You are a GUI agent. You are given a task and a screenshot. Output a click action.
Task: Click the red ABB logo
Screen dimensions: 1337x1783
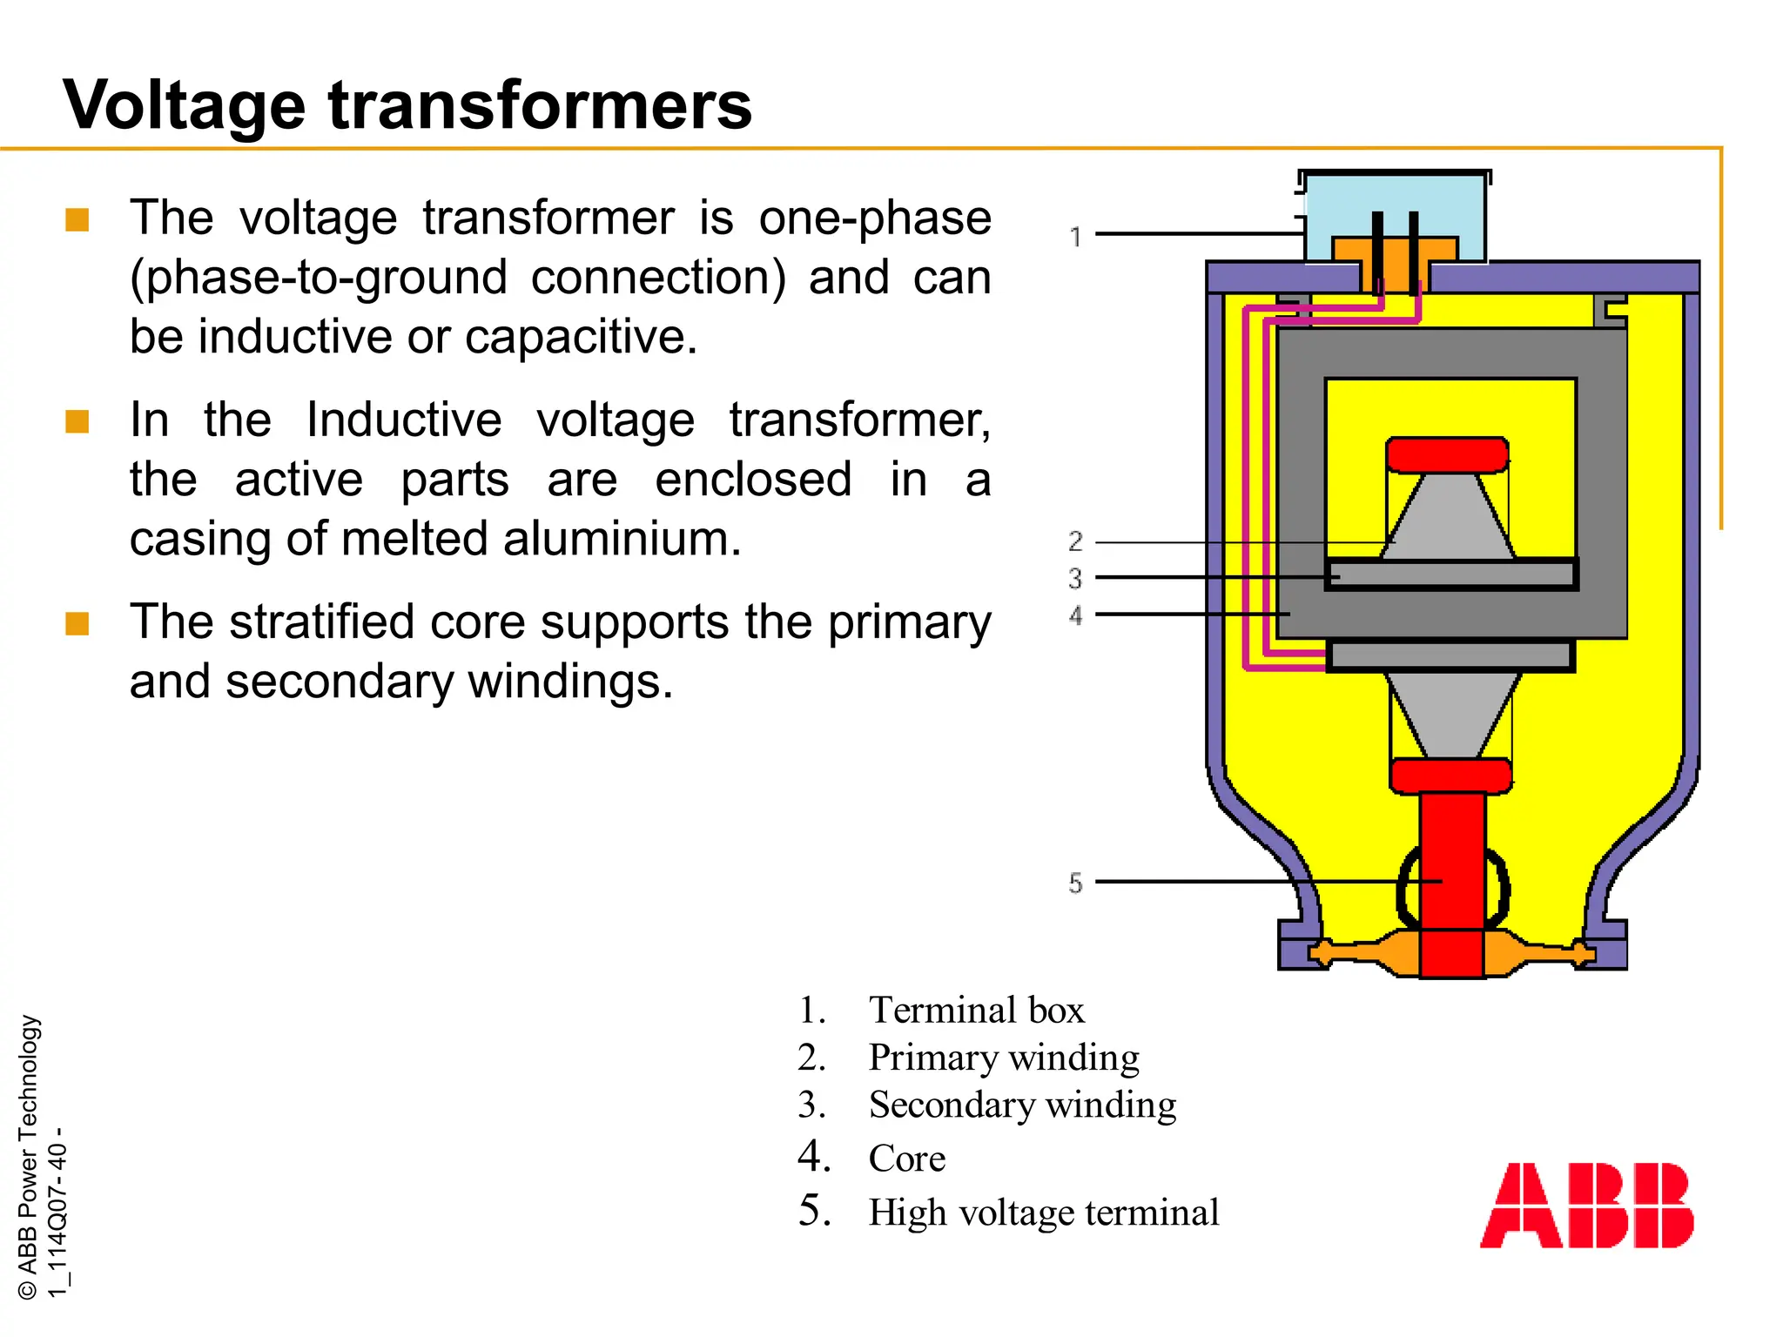click(x=1586, y=1205)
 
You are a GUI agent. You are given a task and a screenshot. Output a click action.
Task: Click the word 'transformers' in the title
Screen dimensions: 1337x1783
click(x=540, y=106)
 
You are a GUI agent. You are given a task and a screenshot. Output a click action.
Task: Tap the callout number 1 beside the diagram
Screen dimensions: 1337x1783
click(x=1076, y=237)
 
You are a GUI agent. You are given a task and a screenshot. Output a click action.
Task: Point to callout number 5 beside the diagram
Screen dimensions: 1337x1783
click(x=1076, y=883)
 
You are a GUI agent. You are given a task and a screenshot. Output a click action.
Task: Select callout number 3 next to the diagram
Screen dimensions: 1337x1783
click(x=1076, y=578)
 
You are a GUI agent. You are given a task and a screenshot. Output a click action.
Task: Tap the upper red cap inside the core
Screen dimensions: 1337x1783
click(x=1447, y=454)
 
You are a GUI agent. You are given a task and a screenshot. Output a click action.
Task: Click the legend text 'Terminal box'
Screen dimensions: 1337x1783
click(x=976, y=1011)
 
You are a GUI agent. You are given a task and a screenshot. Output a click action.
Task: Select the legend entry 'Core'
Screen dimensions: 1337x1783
click(x=906, y=1159)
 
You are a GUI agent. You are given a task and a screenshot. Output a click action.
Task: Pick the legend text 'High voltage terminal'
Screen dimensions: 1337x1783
click(x=1043, y=1213)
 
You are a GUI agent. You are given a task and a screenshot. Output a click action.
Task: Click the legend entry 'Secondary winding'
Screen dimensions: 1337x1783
click(x=1022, y=1105)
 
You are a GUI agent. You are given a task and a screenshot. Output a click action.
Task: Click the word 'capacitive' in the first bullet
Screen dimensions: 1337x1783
click(x=581, y=337)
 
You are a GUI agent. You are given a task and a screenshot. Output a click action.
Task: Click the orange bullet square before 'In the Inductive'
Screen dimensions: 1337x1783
click(x=77, y=421)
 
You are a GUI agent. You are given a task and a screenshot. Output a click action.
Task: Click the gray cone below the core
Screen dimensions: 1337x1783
click(x=1450, y=714)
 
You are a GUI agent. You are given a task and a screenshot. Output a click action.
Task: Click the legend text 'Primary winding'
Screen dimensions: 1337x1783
click(x=1003, y=1058)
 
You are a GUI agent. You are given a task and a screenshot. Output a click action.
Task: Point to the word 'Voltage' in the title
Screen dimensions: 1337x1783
click(x=184, y=106)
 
